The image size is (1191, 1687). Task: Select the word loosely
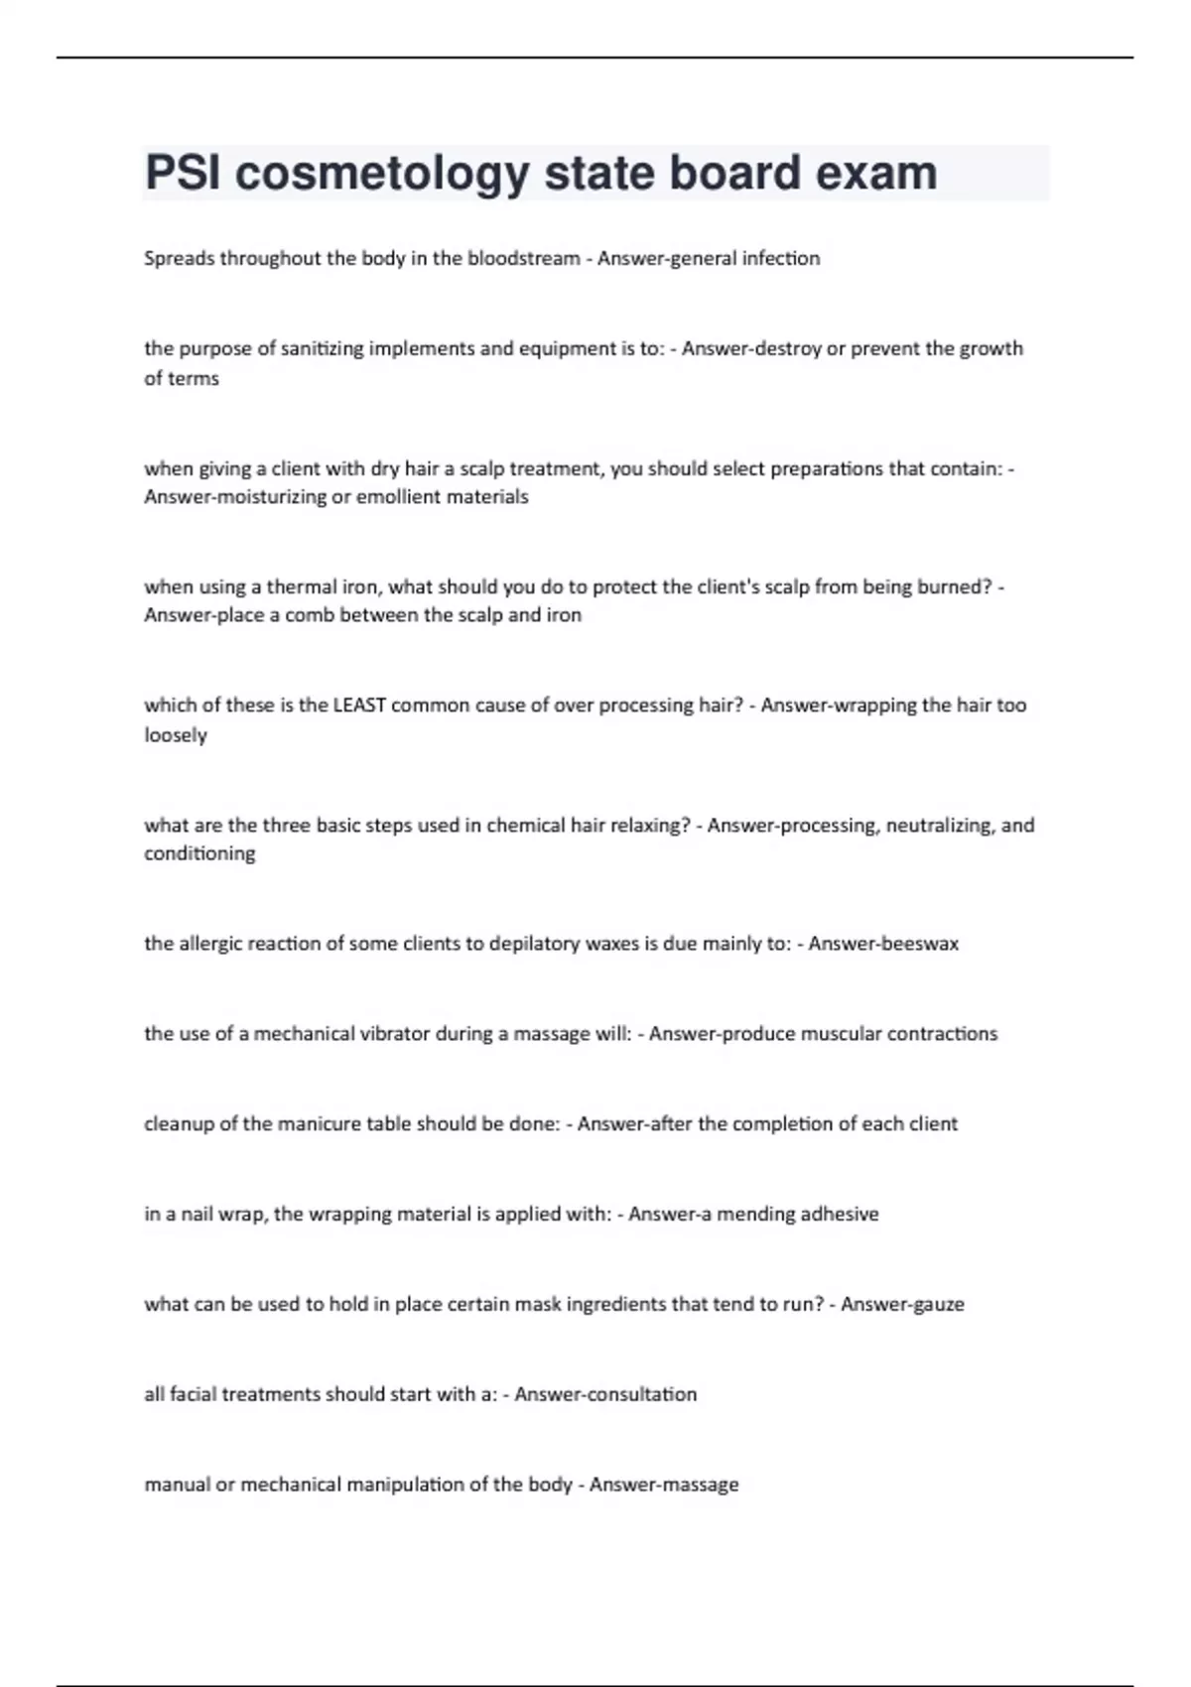click(176, 735)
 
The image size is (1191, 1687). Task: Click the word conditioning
click(199, 853)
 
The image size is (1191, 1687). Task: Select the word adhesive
click(837, 1214)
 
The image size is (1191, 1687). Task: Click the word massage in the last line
click(702, 1485)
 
